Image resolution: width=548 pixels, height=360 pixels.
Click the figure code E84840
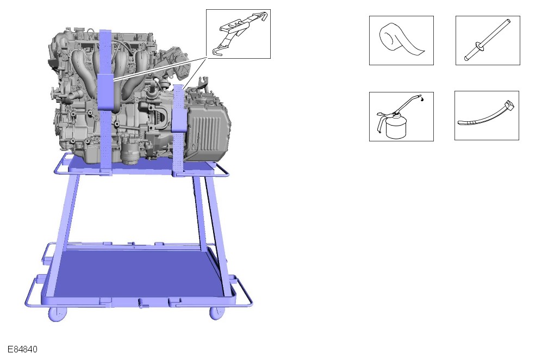[22, 349]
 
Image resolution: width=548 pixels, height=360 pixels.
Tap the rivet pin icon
[488, 41]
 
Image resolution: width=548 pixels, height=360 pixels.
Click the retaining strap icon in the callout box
[239, 34]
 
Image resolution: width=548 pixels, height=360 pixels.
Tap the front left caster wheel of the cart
[57, 314]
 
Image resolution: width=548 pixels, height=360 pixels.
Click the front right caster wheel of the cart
[217, 313]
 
